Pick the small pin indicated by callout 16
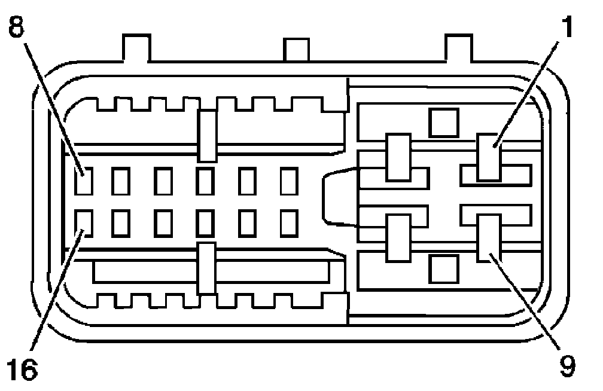point(84,223)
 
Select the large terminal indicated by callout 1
point(489,157)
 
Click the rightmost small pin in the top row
point(290,181)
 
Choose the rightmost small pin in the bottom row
point(290,223)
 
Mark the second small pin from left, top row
point(121,181)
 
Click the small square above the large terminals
point(444,122)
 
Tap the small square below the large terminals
point(444,268)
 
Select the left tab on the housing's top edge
point(136,48)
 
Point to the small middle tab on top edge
point(296,50)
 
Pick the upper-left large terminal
point(398,157)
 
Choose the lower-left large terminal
point(398,238)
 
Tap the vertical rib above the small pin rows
point(207,136)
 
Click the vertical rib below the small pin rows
point(206,268)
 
